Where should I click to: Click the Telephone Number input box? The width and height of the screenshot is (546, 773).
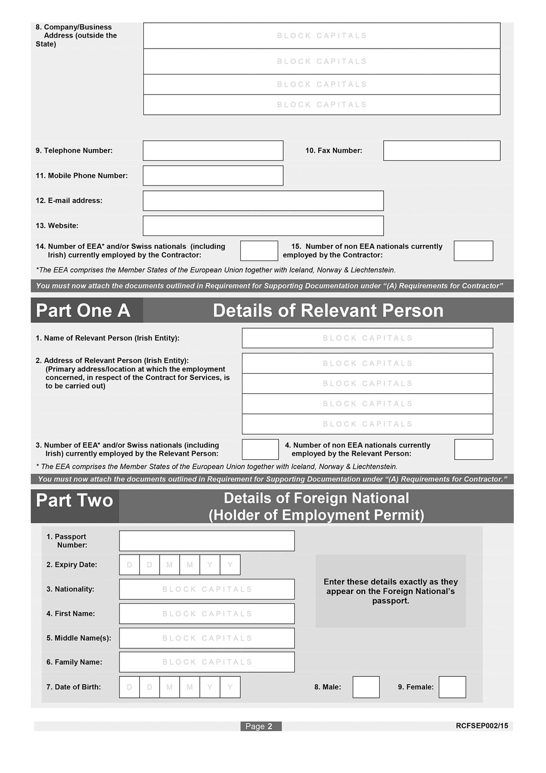[x=213, y=151]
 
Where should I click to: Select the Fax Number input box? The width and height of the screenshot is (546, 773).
[x=442, y=151]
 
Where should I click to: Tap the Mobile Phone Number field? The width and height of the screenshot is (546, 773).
[x=213, y=176]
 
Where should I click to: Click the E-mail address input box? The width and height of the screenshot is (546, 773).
[x=263, y=201]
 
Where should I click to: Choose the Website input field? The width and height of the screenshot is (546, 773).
[x=263, y=226]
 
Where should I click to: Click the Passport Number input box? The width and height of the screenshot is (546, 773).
[x=207, y=541]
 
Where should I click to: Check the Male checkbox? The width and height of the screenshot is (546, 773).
[x=366, y=687]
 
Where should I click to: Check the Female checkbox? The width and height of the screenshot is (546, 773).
[x=452, y=687]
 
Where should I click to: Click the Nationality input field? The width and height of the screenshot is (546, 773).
[x=207, y=589]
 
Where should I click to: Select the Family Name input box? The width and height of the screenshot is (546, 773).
[x=207, y=662]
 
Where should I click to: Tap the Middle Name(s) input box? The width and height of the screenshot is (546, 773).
[x=207, y=638]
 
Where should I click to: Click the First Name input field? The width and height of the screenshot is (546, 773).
[x=207, y=614]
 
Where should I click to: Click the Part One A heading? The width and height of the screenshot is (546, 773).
[x=83, y=310]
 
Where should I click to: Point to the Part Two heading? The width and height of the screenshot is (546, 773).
[x=75, y=500]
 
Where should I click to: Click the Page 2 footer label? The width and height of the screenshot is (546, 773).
[x=261, y=726]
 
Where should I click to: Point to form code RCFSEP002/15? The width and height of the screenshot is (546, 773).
[x=482, y=726]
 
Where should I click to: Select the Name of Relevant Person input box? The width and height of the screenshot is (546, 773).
[x=367, y=338]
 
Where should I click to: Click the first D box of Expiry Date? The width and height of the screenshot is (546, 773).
[x=130, y=565]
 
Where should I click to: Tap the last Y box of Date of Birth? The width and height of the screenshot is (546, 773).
[x=230, y=687]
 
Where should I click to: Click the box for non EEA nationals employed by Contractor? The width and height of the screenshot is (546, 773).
[x=473, y=251]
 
